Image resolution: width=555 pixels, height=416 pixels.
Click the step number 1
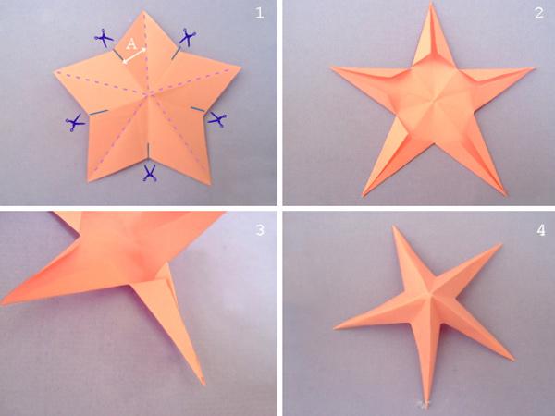[259, 14]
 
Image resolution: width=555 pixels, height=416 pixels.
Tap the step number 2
[538, 14]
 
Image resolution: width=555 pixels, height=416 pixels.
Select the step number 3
[260, 230]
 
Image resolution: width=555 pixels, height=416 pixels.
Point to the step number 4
[541, 230]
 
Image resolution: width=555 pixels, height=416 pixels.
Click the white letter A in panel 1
[131, 44]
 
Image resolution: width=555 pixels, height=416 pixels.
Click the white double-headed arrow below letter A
[134, 55]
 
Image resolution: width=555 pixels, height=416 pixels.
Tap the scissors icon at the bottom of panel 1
[150, 174]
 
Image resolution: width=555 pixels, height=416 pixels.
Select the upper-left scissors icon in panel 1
[104, 38]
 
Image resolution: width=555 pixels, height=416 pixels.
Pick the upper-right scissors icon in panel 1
[188, 38]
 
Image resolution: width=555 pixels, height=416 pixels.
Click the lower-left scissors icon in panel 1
[75, 123]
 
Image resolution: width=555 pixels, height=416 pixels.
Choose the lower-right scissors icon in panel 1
[217, 119]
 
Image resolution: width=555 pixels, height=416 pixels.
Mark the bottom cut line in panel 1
[148, 151]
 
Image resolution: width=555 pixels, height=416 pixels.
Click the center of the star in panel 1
[150, 94]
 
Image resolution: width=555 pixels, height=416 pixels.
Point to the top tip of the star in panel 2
[431, 3]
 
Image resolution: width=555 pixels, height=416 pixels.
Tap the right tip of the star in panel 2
[534, 68]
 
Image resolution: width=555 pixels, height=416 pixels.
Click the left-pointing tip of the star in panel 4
[335, 328]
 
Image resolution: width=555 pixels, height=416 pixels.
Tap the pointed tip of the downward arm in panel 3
[203, 384]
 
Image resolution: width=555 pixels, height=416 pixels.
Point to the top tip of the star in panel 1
[143, 11]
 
